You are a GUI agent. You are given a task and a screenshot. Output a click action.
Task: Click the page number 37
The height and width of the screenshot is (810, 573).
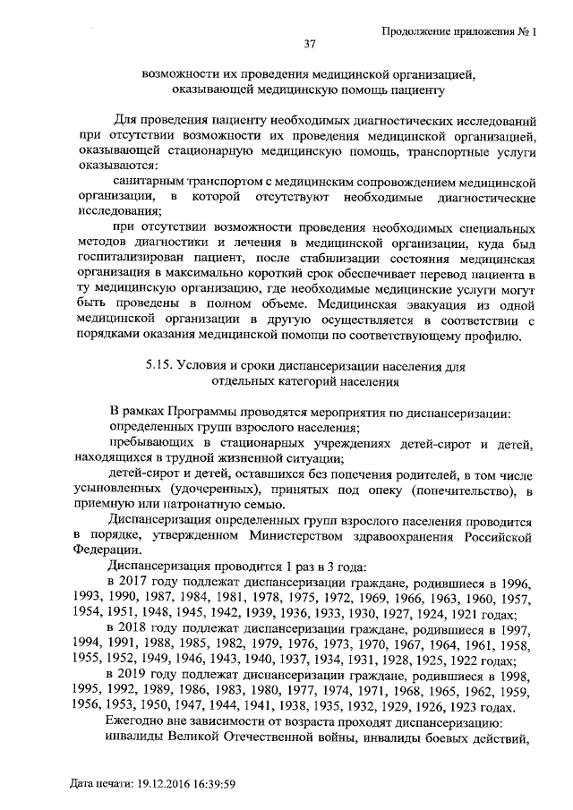point(312,45)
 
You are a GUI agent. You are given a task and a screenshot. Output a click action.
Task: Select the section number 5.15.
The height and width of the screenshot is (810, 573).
point(161,366)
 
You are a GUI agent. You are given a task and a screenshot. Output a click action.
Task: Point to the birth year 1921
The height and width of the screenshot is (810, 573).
point(462,615)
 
